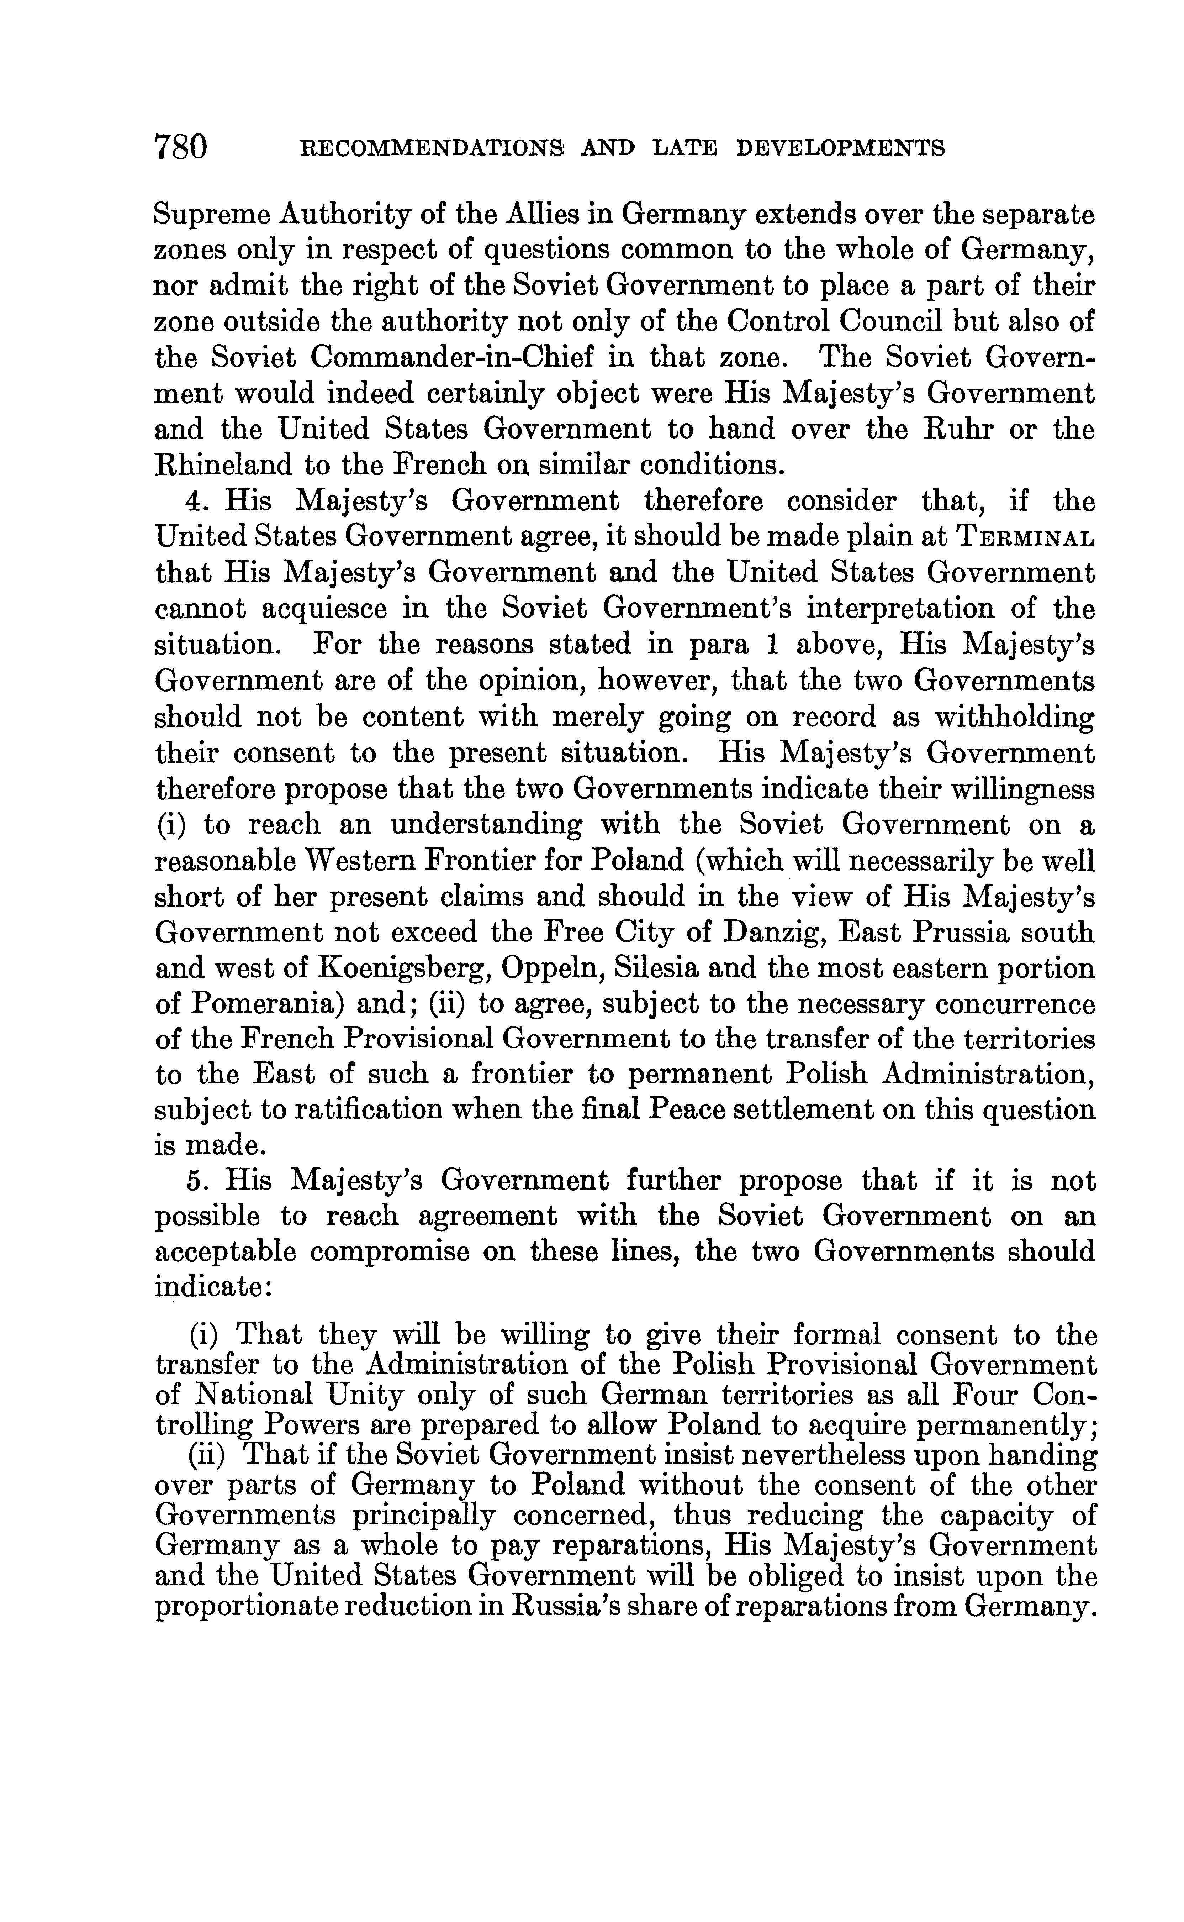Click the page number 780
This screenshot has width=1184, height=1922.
[181, 146]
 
